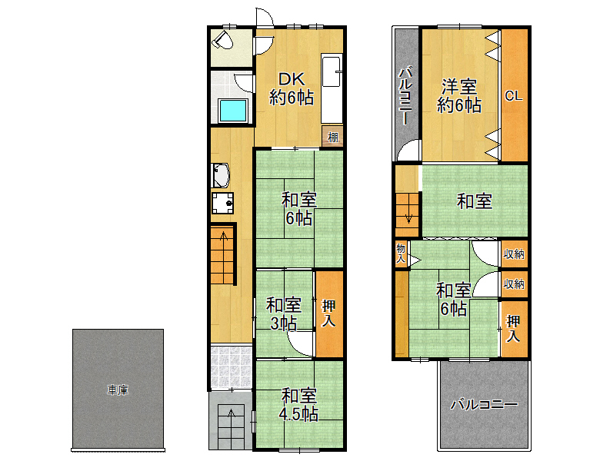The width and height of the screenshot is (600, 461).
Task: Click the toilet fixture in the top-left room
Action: pos(223,40)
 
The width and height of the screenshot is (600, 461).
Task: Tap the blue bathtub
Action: pos(233,111)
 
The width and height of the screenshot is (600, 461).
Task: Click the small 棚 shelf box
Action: pos(332,136)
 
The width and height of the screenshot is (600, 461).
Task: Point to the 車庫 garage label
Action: pos(118,390)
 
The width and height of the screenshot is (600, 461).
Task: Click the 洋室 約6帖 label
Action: pos(459,95)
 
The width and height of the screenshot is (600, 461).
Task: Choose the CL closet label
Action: pos(514,95)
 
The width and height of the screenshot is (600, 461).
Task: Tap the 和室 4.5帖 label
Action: pos(299,405)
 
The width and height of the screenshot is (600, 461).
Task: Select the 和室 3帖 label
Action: pos(284,313)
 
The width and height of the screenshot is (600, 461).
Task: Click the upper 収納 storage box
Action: pos(515,254)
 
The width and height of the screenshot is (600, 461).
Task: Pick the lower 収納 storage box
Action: pos(515,284)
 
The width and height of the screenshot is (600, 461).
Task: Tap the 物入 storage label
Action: pos(401,253)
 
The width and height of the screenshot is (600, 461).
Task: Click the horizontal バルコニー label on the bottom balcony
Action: pos(484,404)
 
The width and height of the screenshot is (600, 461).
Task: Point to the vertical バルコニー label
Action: pos(405,96)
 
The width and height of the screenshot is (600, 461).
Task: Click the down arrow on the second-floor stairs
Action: pos(408,217)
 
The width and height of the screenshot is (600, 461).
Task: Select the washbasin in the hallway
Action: pos(221,175)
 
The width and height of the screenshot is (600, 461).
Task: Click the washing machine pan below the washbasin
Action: pos(223,203)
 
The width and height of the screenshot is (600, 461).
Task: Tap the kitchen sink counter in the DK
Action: pos(332,88)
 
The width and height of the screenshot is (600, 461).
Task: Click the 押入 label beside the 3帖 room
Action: pos(328,313)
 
